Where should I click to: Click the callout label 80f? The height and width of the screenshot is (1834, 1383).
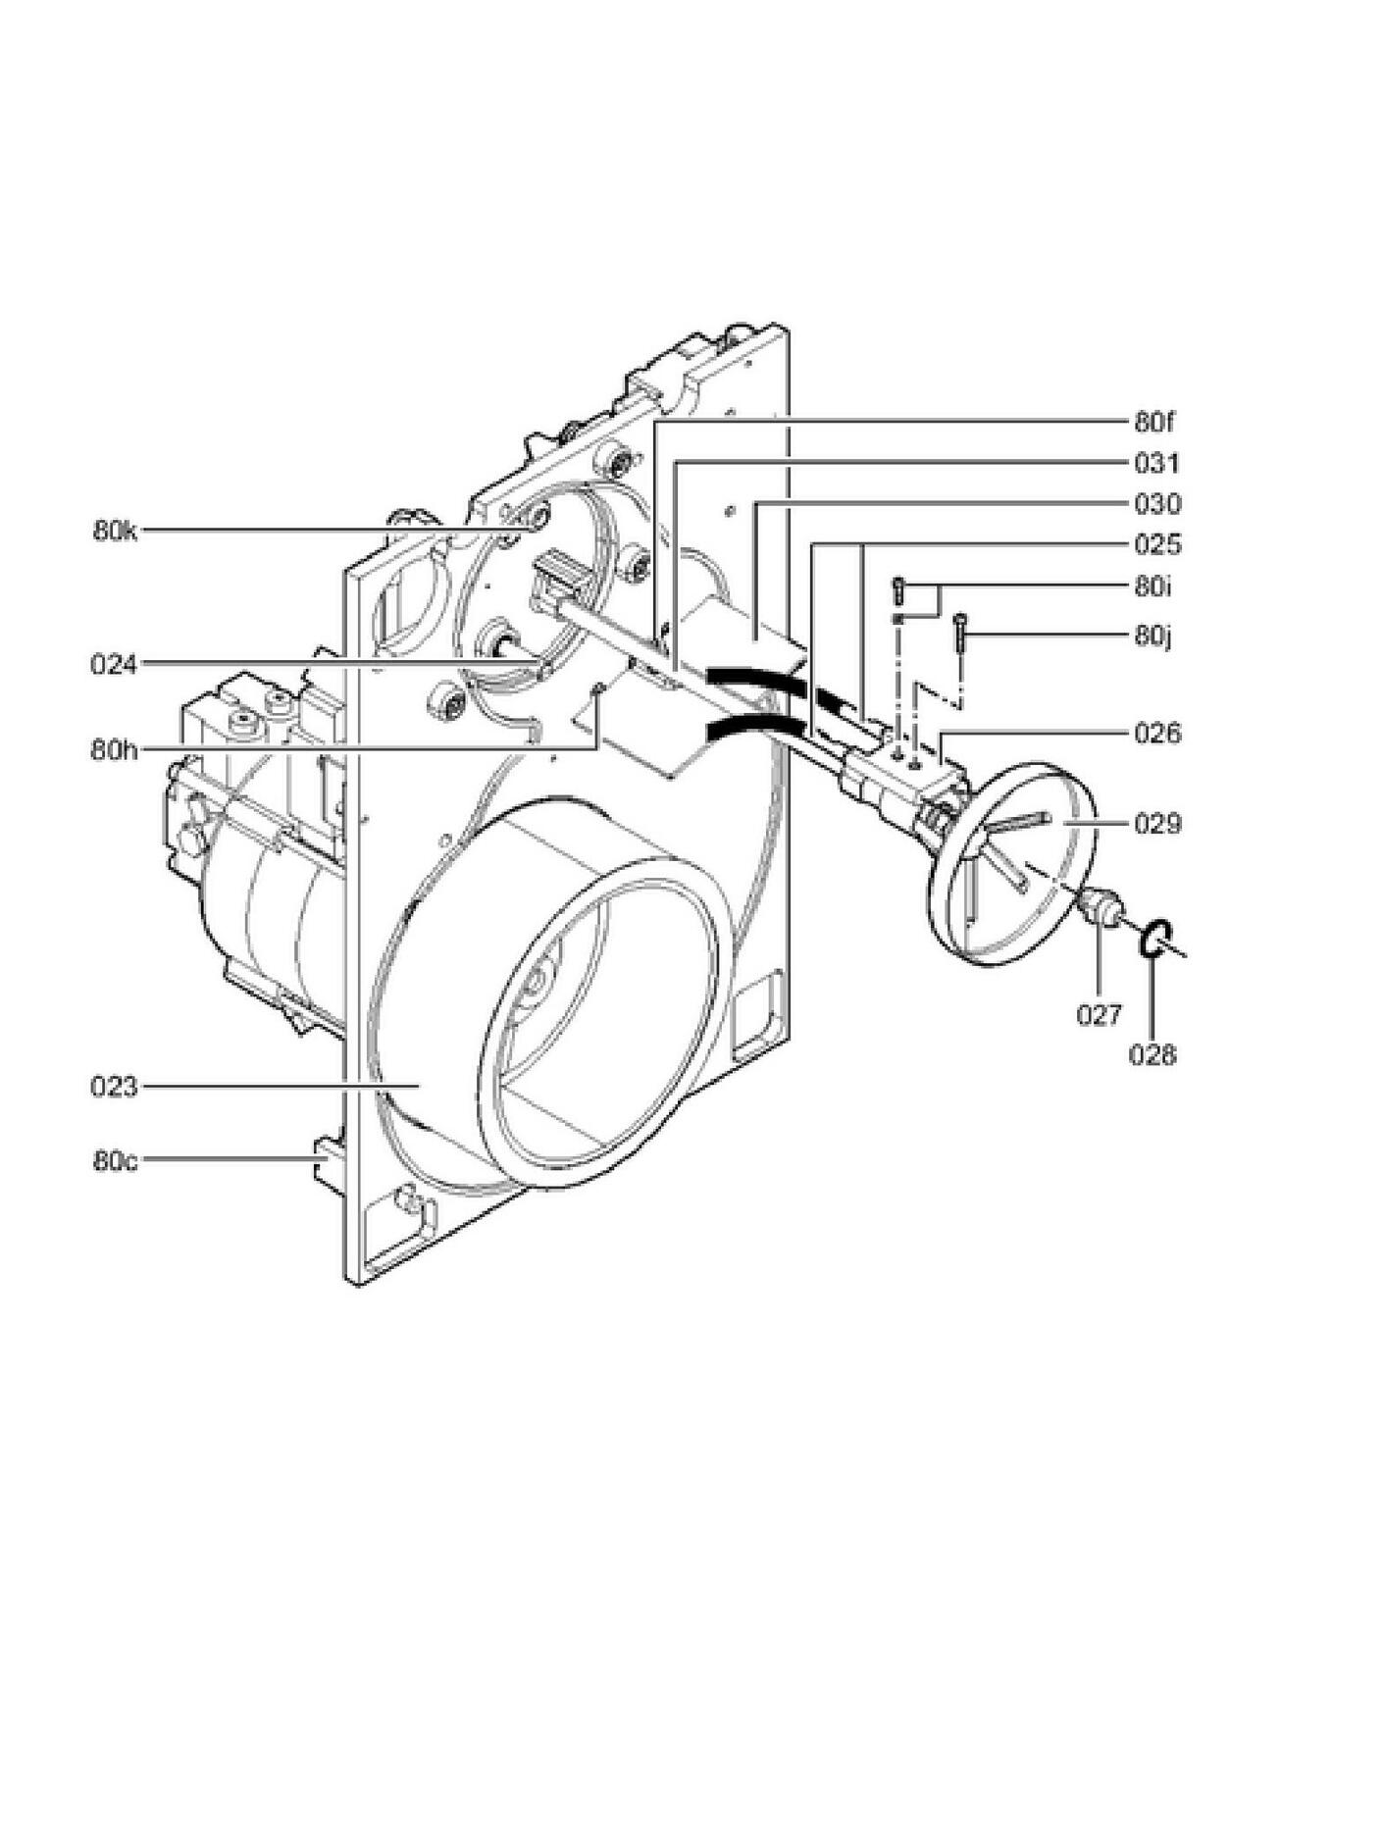[1154, 423]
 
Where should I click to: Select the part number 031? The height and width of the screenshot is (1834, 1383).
[1157, 463]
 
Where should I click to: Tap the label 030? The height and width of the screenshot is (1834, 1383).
[1157, 504]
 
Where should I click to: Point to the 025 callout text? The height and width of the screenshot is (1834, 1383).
[1157, 544]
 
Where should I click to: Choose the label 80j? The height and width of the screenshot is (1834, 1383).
[1152, 636]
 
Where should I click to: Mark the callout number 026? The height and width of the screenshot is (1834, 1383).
[1157, 734]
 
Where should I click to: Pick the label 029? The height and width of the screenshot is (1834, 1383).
[1157, 824]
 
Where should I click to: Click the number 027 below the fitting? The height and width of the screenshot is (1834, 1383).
[1099, 1015]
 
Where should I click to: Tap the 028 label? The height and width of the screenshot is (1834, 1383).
[1152, 1055]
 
